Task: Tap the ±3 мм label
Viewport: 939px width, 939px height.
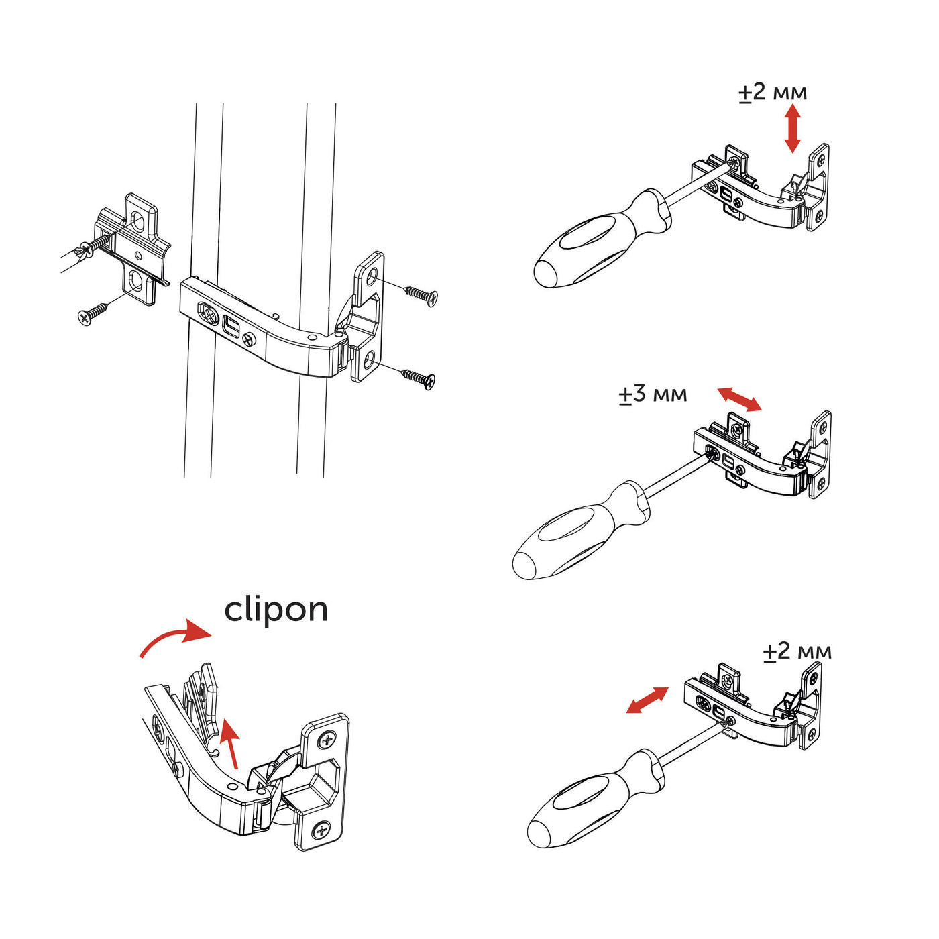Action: click(653, 394)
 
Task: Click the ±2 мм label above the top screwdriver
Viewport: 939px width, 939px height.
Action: click(773, 93)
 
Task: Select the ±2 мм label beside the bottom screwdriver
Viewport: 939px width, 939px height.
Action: click(797, 651)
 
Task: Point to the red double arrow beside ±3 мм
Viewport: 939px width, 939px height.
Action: click(739, 399)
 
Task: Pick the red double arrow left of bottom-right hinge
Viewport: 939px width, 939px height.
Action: click(647, 700)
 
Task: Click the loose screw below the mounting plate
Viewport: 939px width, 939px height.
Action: click(93, 313)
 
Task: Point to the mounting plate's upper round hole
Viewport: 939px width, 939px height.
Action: click(138, 221)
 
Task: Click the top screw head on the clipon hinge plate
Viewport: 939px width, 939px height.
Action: click(327, 740)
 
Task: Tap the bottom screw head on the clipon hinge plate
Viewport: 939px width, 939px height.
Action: click(322, 832)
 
